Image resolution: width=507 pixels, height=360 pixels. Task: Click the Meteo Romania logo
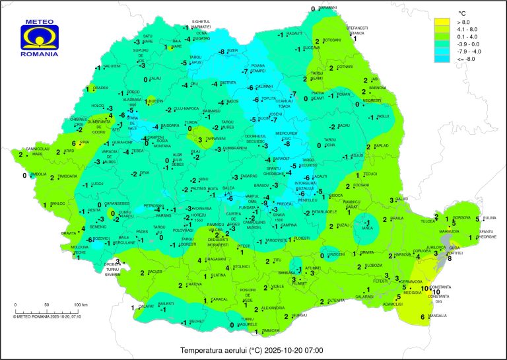pos(40,37)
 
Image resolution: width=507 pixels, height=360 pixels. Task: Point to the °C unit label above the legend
pos(463,13)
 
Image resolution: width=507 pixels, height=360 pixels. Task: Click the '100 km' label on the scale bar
pos(81,305)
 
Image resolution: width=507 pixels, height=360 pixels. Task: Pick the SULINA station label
pos(489,217)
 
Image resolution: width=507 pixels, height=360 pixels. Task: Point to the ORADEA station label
pos(100,88)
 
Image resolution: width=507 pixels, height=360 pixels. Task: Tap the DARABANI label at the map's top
pos(327,8)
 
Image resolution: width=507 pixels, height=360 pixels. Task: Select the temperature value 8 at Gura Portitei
pos(450,259)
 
